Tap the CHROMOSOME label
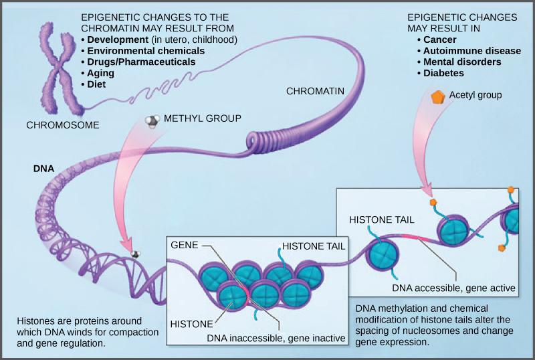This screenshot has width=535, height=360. tap(63, 124)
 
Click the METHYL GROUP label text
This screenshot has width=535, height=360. tap(203, 118)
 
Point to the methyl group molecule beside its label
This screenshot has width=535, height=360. tap(153, 120)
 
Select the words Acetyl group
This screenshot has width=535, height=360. tap(476, 95)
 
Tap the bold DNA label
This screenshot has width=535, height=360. tap(43, 169)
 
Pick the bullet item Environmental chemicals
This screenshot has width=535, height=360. tap(144, 50)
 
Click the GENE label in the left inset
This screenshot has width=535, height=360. tap(185, 246)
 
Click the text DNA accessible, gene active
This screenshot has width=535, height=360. tap(453, 288)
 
